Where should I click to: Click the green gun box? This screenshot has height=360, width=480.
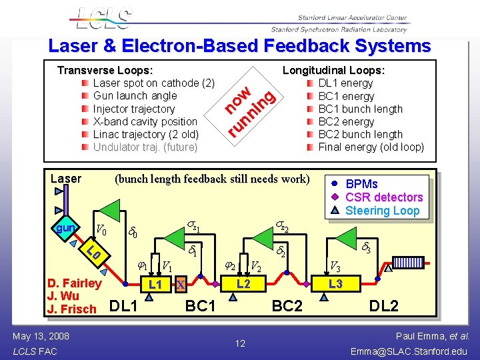coord(65,229)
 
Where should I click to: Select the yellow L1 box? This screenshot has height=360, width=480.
coord(155,285)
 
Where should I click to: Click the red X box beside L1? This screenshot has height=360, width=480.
coord(179,285)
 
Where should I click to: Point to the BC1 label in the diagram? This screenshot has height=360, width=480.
coord(200,306)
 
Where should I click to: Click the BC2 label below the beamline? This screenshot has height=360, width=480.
coord(287,306)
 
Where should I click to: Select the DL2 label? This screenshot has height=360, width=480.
coord(384,306)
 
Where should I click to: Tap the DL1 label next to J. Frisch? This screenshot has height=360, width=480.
coord(123,306)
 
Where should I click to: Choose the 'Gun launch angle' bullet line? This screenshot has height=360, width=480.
coord(135,96)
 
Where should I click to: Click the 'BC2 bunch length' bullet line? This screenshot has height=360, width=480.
coord(360,134)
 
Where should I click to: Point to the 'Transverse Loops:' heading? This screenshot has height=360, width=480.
coord(105,70)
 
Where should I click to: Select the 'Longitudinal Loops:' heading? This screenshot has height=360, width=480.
coord(334,70)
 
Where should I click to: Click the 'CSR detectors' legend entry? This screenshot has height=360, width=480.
coord(383,197)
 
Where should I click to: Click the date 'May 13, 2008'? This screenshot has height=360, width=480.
coord(41,335)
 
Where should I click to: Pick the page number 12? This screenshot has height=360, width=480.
coord(240,343)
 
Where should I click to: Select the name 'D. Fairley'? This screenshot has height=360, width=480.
coord(75,283)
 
